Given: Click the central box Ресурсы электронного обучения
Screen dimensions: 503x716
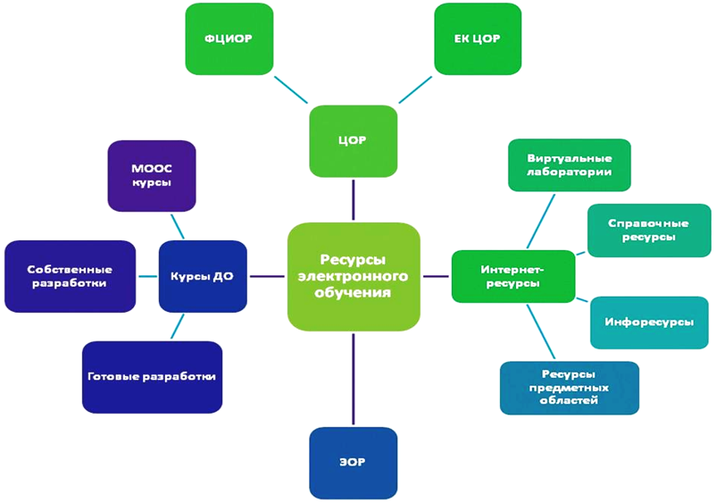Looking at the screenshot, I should tap(354, 276).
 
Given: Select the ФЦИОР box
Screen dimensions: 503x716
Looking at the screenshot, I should tap(229, 38).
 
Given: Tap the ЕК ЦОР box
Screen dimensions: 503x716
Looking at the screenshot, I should tap(477, 38).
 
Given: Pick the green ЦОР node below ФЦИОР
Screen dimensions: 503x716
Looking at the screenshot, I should tap(353, 141).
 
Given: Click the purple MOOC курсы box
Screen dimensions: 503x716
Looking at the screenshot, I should tap(151, 175).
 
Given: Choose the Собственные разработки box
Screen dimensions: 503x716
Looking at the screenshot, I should tap(70, 276).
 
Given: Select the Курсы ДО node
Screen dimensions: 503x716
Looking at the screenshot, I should tap(202, 276).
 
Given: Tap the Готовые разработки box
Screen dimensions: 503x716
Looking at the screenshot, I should tap(152, 376).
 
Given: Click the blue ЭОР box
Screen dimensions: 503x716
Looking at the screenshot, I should tap(353, 463).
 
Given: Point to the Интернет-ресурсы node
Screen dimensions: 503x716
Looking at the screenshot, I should tap(512, 276).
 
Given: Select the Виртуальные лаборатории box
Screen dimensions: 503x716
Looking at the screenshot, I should tap(569, 165).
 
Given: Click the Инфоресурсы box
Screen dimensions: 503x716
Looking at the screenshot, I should tap(649, 322).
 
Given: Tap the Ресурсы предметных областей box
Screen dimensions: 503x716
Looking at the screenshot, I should tap(569, 388).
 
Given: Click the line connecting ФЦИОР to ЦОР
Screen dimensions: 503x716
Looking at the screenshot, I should tap(291, 90).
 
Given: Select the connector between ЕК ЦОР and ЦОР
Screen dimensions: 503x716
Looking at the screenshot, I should tap(415, 89).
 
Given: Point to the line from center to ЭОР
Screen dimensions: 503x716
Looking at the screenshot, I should tap(354, 379).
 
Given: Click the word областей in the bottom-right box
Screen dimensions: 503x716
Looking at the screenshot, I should tap(569, 401).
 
